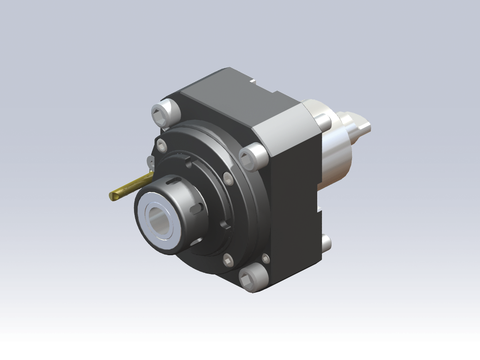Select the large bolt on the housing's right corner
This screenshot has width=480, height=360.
pyautogui.click(x=256, y=153)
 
